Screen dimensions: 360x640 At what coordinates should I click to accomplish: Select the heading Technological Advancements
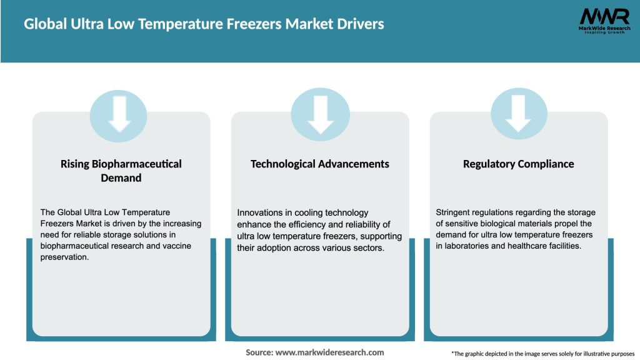(320, 164)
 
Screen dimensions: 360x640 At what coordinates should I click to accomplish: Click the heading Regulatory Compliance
(518, 164)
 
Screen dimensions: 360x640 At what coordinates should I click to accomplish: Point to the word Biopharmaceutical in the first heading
(137, 164)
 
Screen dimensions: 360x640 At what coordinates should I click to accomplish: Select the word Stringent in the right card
(456, 213)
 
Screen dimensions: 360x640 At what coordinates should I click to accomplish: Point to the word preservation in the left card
(64, 257)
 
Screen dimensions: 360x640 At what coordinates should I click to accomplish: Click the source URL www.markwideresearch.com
(329, 352)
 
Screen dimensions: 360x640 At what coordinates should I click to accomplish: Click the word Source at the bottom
(259, 352)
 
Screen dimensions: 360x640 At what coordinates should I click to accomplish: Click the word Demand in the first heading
(121, 178)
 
